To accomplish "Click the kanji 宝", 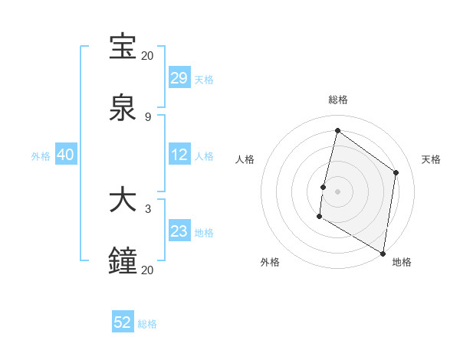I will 123,47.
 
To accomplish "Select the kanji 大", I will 123,200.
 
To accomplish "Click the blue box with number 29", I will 179,78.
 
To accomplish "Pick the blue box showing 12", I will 179,155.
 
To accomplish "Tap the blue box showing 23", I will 179,231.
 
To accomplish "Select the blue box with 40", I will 65,155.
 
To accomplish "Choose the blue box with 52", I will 123,322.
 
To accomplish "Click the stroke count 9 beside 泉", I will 147,116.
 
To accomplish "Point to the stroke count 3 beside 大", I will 147,208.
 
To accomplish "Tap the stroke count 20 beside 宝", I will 147,55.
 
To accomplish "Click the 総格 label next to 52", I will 148,324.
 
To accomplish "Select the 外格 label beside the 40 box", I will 41,155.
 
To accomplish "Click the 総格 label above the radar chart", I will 337,100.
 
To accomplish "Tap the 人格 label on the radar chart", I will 245,159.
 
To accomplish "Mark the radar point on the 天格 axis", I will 396,172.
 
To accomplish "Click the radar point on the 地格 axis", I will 383,254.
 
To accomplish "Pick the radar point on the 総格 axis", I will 337,131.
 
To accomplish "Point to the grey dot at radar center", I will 337,191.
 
